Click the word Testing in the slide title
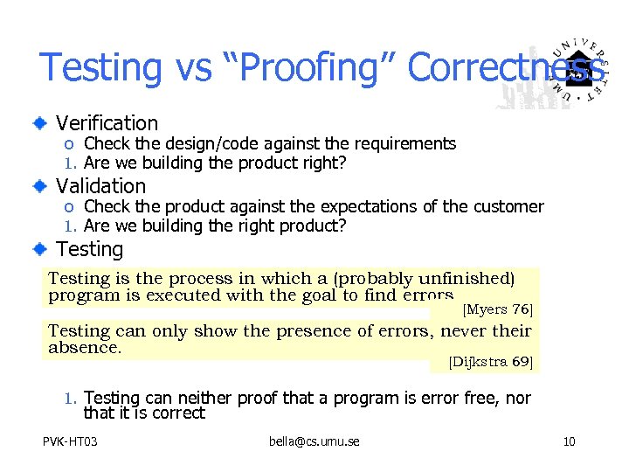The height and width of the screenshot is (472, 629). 100,67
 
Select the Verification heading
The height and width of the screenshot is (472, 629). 107,123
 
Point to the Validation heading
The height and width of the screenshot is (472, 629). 100,186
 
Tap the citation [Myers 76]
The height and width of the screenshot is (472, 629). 496,309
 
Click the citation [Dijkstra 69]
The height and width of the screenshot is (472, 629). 489,361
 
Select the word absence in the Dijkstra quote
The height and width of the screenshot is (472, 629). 84,347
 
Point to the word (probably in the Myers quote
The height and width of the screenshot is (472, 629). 371,279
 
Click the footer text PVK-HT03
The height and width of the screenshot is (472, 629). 70,441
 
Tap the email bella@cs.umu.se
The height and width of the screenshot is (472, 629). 314,441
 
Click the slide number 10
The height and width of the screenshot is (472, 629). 569,441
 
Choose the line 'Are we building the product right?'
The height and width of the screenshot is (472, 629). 215,163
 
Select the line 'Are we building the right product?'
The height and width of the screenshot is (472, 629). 215,226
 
